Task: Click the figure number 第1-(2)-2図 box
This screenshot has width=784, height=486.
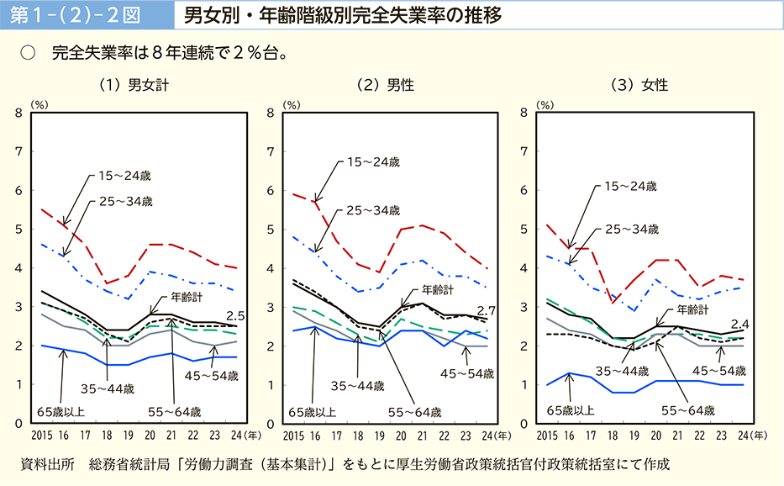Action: tap(83, 16)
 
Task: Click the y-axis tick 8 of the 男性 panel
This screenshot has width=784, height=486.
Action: tap(271, 113)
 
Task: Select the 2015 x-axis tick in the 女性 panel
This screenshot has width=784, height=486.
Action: tap(546, 436)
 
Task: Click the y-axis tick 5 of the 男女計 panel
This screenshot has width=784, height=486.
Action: tap(18, 229)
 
